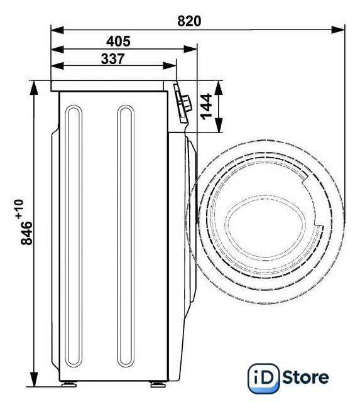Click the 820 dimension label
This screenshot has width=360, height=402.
tap(189, 21)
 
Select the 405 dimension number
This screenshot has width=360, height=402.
tap(118, 41)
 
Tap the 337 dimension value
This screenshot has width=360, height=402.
tap(113, 58)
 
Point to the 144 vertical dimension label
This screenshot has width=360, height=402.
tap(207, 106)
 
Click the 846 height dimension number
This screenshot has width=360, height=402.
tap(26, 233)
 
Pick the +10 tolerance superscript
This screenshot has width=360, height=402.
tap(19, 209)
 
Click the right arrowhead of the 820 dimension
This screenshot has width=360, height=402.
tap(338, 30)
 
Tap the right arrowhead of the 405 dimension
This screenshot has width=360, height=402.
tap(190, 49)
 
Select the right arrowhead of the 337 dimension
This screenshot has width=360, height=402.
tap(170, 65)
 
